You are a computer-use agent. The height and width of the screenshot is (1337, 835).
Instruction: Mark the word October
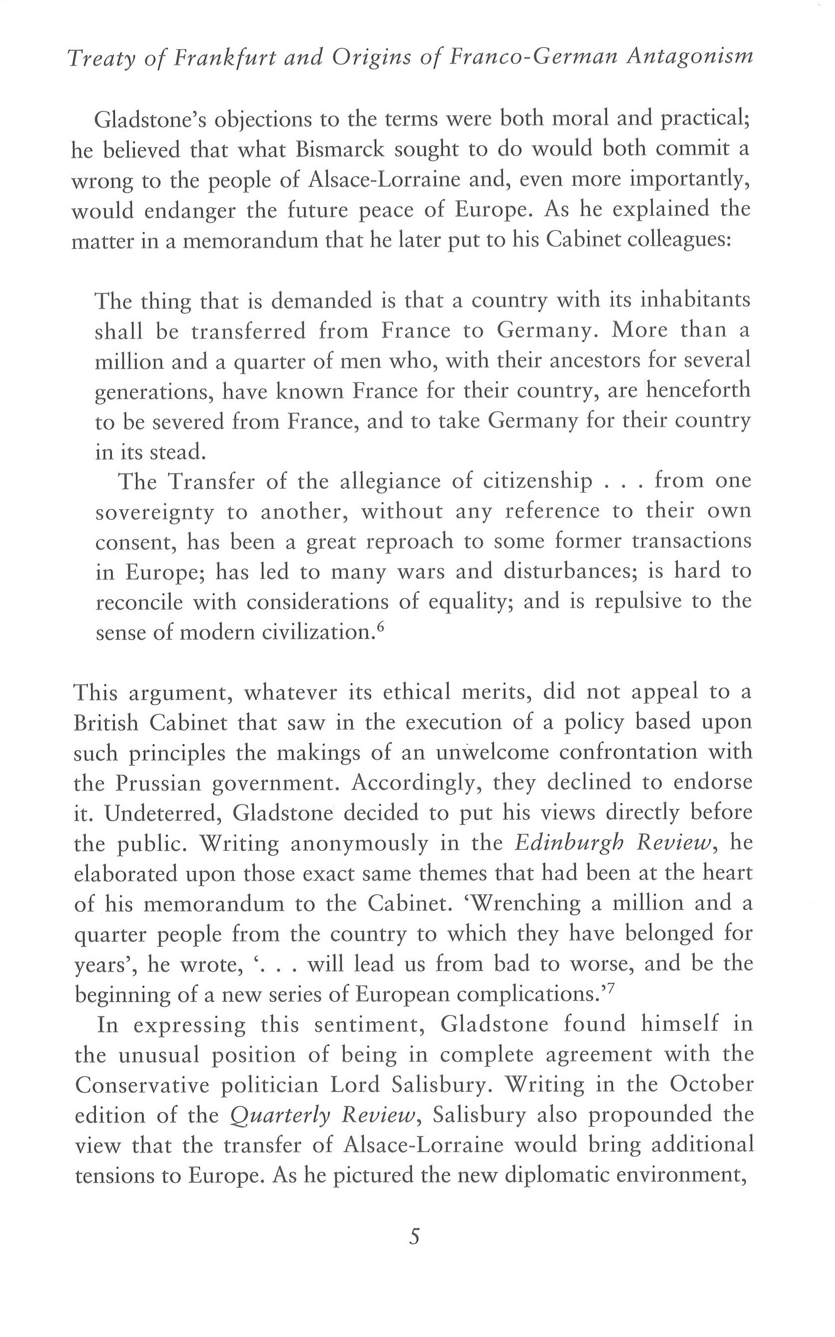pyautogui.click(x=711, y=1083)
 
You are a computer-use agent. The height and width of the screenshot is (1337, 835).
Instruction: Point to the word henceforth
pyautogui.click(x=698, y=390)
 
